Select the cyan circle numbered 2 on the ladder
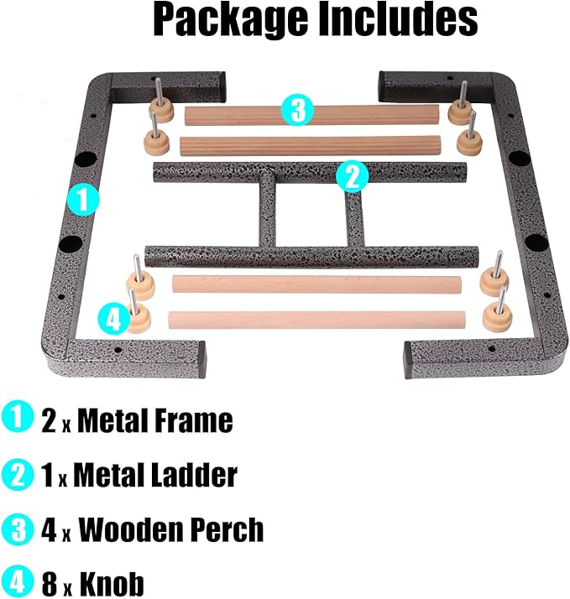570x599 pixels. (353, 176)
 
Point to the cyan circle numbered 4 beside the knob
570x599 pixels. (114, 319)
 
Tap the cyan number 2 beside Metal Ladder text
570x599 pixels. (18, 475)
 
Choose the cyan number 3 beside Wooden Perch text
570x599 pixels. (18, 529)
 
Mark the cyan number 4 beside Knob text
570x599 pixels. (18, 582)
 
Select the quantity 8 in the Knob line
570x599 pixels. (50, 583)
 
